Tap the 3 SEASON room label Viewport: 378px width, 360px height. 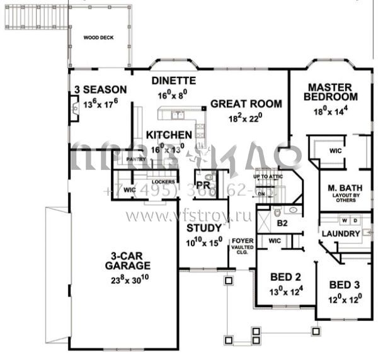pyautogui.click(x=100, y=89)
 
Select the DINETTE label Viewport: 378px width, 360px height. pyautogui.click(x=174, y=81)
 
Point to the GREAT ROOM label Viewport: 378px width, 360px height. pyautogui.click(x=245, y=104)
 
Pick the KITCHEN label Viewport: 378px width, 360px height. pyautogui.click(x=169, y=135)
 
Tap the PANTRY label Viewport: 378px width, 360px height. pyautogui.click(x=136, y=159)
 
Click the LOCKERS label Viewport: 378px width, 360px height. pyautogui.click(x=163, y=183)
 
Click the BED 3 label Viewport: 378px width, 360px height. pyautogui.click(x=345, y=284)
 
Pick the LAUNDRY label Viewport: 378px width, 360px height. pyautogui.click(x=340, y=233)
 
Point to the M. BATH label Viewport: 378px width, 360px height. pyautogui.click(x=343, y=188)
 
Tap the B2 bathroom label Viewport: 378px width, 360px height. pyautogui.click(x=282, y=223)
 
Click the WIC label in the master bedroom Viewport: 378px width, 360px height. pyautogui.click(x=335, y=150)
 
